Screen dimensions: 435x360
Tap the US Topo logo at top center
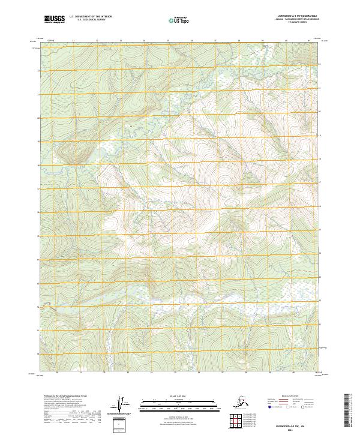click(180, 20)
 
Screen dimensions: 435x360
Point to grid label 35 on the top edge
click(167, 41)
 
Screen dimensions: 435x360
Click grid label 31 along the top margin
click(73, 41)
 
